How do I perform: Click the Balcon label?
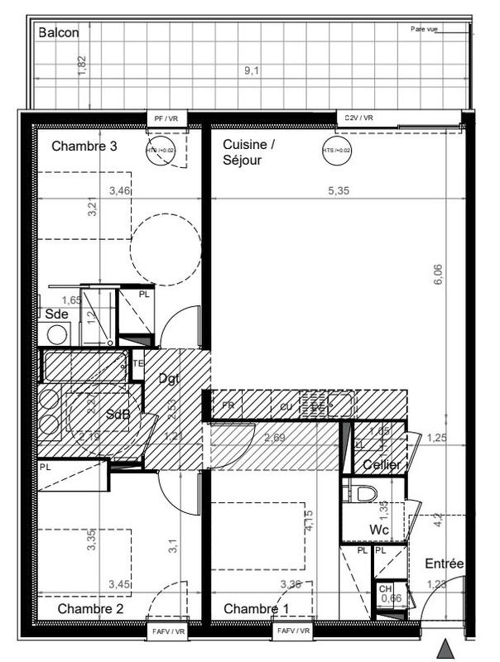(59, 33)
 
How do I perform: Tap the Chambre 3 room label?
(84, 146)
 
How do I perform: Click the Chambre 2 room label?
(90, 609)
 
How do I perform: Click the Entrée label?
(444, 564)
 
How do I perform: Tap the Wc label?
(380, 529)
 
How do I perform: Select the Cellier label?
(382, 466)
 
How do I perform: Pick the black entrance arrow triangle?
(446, 648)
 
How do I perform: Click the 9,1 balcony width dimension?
(252, 71)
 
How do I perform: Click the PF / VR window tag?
(166, 119)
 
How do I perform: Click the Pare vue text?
(424, 29)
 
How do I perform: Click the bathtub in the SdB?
(84, 365)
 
